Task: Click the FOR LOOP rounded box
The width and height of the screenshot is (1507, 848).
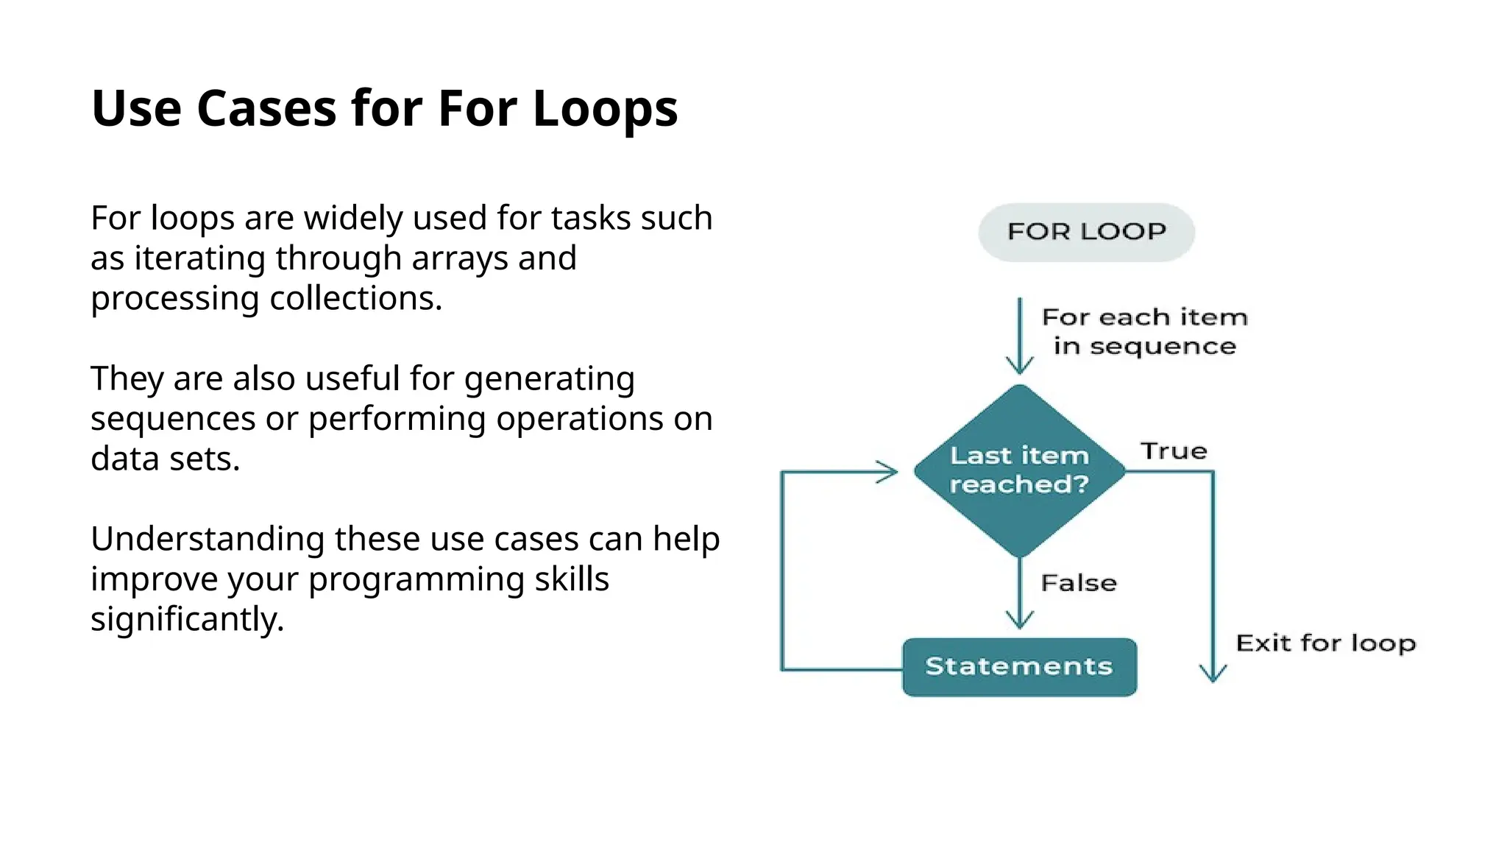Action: (x=1086, y=232)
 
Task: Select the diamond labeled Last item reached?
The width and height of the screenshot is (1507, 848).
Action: (x=1019, y=470)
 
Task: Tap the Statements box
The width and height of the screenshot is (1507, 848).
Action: (x=1019, y=667)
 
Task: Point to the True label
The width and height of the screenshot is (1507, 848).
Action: (x=1174, y=451)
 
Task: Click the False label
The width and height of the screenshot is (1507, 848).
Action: (x=1079, y=583)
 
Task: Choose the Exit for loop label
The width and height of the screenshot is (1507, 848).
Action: (x=1325, y=643)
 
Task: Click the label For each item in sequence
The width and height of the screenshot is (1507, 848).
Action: (x=1145, y=331)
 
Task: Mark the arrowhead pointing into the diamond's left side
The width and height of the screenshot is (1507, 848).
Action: (x=889, y=472)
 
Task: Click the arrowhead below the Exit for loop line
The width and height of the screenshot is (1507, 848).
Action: (x=1213, y=673)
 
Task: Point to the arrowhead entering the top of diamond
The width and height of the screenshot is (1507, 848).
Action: (x=1020, y=365)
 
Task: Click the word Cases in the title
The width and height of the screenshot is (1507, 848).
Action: (x=266, y=109)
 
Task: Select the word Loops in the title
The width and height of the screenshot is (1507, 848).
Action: (x=604, y=109)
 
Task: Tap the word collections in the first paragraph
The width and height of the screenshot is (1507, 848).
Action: (x=355, y=299)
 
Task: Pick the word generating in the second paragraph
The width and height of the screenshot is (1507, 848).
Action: (x=549, y=379)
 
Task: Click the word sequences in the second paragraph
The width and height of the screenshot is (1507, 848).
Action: (x=173, y=420)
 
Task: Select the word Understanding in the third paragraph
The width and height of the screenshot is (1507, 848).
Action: (x=208, y=540)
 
